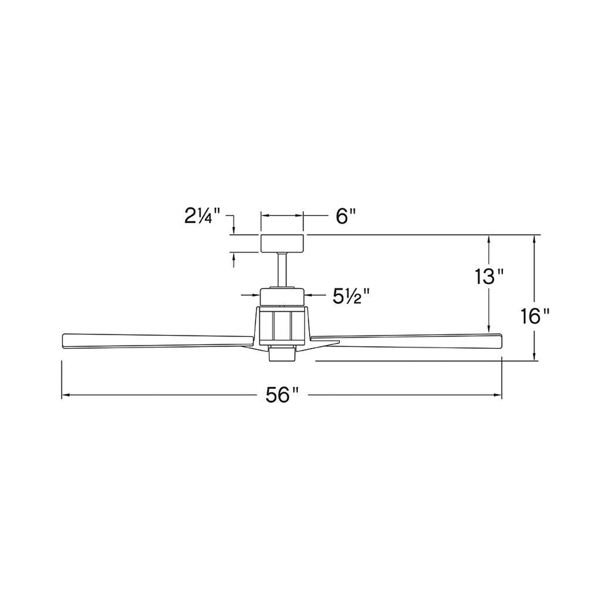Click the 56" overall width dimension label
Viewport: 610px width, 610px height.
282,395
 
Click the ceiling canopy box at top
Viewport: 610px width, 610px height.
282,244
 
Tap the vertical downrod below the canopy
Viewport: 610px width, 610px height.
282,270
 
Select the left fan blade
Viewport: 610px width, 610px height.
158,342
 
